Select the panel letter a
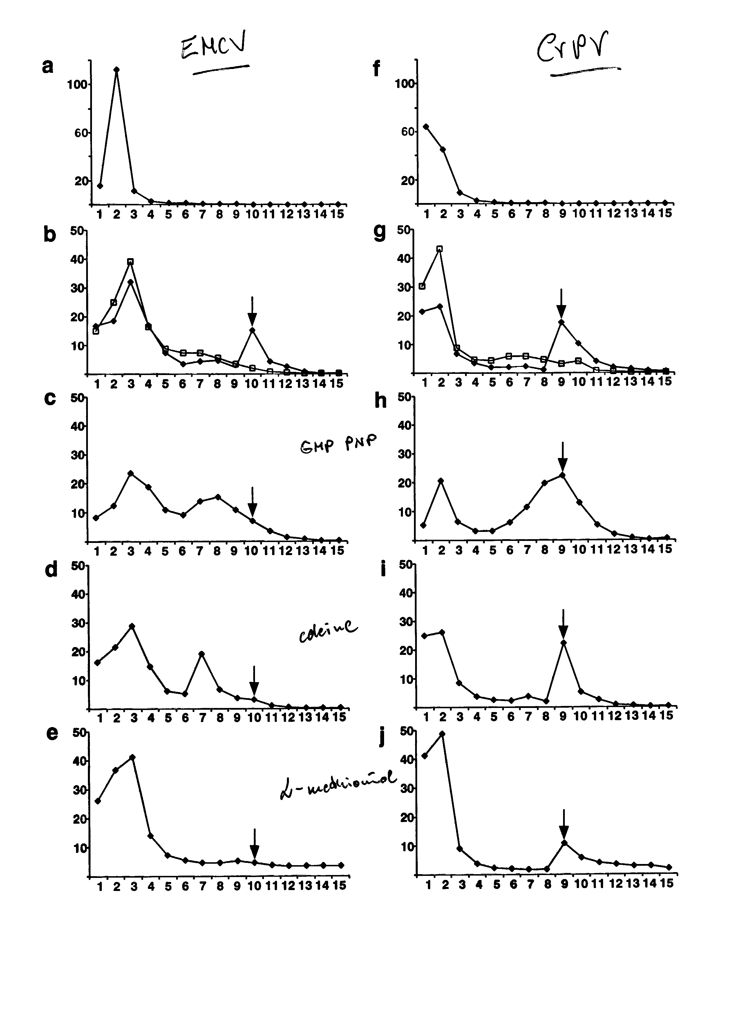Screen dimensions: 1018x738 point(47,66)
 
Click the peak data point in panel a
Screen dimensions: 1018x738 point(117,70)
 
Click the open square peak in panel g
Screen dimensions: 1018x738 point(439,249)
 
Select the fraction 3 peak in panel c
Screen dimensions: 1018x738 point(131,474)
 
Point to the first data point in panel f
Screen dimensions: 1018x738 point(426,126)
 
